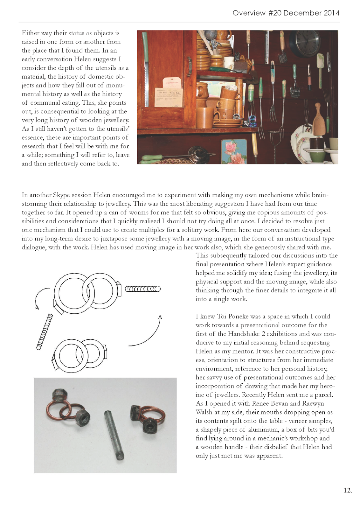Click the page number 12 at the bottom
click(348, 490)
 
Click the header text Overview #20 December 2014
click(286, 13)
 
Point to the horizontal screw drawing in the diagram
click(143, 289)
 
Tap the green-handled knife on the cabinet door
click(146, 60)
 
